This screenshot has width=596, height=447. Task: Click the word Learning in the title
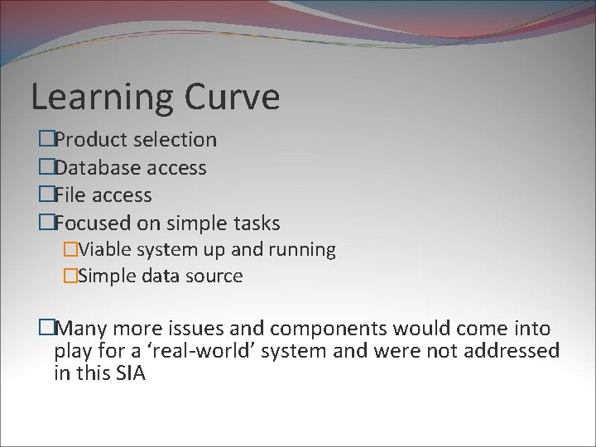pyautogui.click(x=102, y=98)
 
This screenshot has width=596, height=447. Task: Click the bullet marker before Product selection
pyautogui.click(x=46, y=140)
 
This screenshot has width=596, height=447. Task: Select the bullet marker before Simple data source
pyautogui.click(x=70, y=276)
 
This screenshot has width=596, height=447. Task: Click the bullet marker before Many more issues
pyautogui.click(x=46, y=329)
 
